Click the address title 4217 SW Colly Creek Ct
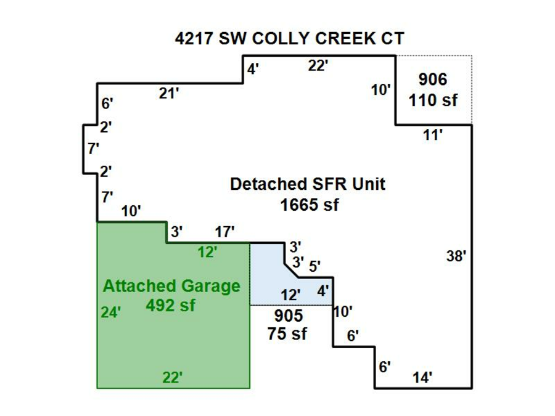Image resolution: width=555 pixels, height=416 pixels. coord(289,39)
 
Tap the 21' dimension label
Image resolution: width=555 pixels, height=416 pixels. coord(169,94)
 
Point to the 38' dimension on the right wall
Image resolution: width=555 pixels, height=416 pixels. coord(456,256)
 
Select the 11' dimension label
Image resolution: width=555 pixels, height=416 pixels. coord(433,135)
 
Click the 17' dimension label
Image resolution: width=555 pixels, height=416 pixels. coord(224,232)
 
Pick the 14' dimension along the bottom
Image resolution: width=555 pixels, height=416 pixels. coord(422,377)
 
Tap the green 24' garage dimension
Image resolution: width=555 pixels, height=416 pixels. coord(110,312)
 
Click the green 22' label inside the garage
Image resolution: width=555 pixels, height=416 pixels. coord(173,377)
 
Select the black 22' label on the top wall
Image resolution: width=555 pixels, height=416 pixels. coord(318,66)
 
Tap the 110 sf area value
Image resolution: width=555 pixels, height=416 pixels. coord(434,100)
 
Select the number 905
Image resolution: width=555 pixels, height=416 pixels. coord(288,316)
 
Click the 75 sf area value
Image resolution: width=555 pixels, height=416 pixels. coord(287,334)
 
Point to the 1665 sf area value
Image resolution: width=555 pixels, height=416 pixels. coord(309,205)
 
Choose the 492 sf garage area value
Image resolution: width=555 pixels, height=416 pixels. coord(171,305)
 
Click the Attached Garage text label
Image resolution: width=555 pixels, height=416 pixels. coord(171,286)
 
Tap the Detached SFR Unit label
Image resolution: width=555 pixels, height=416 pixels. coord(308,184)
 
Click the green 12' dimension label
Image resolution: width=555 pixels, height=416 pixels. coord(207,252)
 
